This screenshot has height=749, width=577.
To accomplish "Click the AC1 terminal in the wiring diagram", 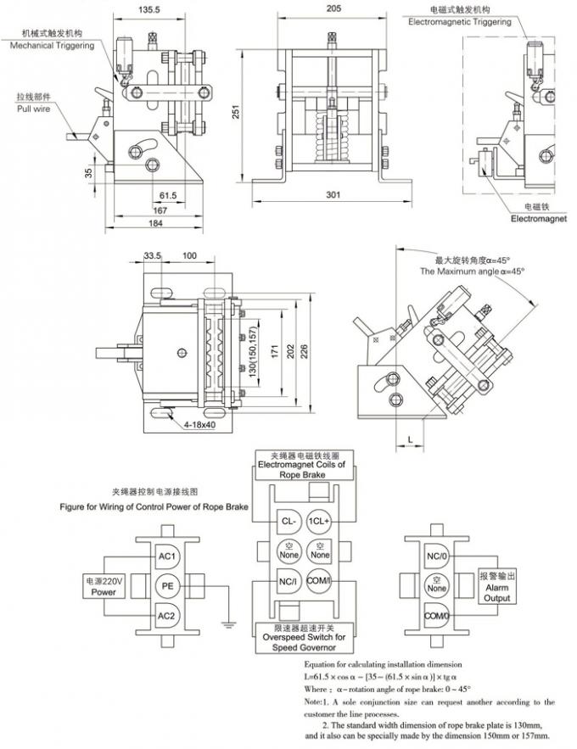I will [x=167, y=556].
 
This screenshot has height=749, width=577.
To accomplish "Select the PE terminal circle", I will [x=167, y=585].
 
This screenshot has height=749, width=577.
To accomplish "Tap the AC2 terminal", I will [x=167, y=615].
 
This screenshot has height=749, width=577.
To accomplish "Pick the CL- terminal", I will [x=288, y=520].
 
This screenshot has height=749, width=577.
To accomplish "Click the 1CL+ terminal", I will [x=318, y=520].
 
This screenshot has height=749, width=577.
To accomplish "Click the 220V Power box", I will [x=104, y=586].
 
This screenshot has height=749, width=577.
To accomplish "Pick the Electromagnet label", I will [x=538, y=218].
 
